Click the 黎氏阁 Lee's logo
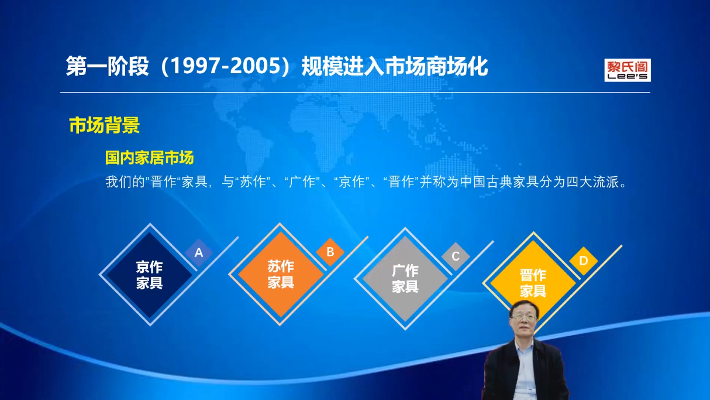(628, 70)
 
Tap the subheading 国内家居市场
(149, 158)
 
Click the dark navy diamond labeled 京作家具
(149, 275)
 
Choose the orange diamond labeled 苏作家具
(281, 274)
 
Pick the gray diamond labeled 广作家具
(405, 279)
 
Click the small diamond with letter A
(199, 253)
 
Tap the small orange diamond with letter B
(330, 252)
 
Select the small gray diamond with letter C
(456, 256)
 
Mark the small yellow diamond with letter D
(583, 261)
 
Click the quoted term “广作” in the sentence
(302, 182)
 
